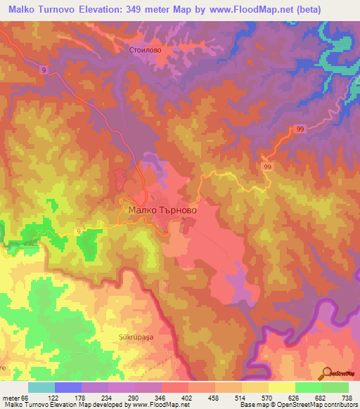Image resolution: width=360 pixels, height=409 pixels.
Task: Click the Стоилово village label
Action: (x=146, y=50)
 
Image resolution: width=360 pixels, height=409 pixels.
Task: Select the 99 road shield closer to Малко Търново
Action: (x=267, y=167)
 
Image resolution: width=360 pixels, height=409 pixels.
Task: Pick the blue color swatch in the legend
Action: (x=67, y=387)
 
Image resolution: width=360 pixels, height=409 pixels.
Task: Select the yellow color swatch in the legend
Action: (x=281, y=387)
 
